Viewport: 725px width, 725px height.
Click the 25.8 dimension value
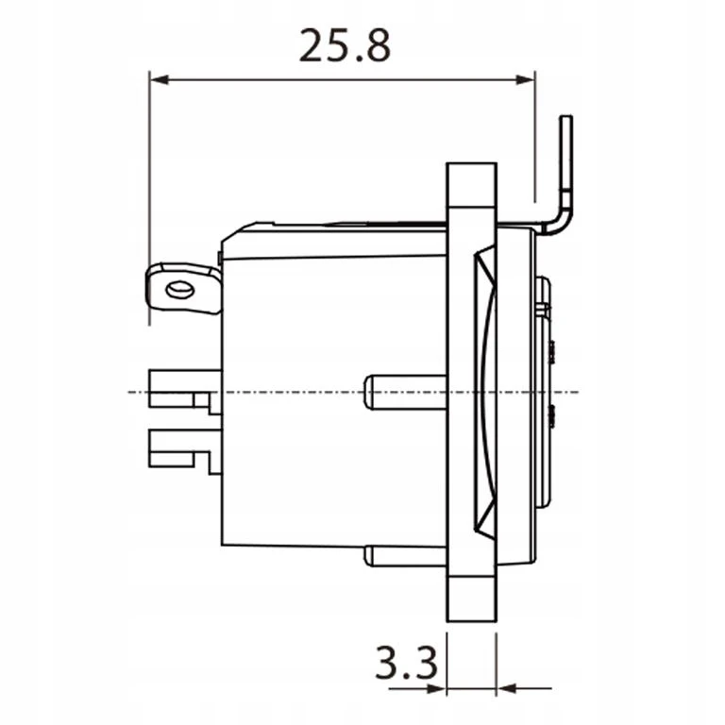[345, 45]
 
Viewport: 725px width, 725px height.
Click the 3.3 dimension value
[406, 663]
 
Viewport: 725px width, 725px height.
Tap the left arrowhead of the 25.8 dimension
[159, 80]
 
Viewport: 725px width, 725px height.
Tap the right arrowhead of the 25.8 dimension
[525, 80]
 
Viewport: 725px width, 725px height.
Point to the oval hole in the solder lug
[179, 290]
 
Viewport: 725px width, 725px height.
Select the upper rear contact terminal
[184, 392]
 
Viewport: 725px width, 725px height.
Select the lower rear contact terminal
[184, 452]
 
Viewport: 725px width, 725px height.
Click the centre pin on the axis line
[406, 393]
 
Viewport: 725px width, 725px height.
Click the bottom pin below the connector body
[406, 556]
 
